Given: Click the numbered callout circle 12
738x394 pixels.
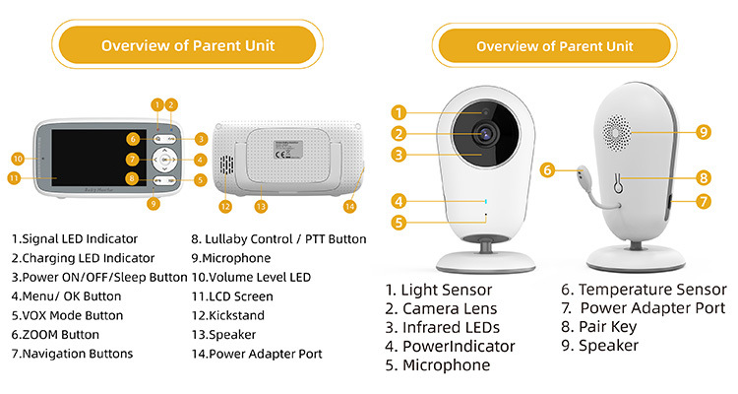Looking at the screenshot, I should (x=225, y=206).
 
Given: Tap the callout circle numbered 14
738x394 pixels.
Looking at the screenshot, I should (x=349, y=206).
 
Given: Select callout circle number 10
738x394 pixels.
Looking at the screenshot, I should (x=18, y=159).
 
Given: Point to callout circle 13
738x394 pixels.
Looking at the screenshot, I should (x=261, y=206).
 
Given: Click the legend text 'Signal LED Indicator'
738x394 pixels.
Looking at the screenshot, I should (x=75, y=238).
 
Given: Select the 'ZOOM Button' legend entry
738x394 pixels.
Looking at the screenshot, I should (x=55, y=335).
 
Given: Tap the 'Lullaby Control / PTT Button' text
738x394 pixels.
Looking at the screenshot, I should (x=278, y=238).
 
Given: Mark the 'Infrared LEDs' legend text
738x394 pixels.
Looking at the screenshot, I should (x=442, y=327).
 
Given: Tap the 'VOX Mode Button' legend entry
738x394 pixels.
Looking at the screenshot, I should (x=67, y=315).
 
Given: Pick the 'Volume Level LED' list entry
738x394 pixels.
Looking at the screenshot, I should (x=251, y=277).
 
